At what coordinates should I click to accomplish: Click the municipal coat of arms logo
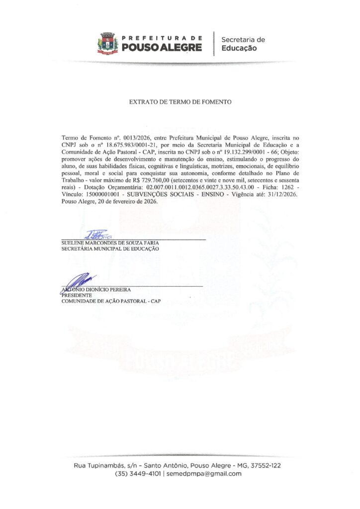pos(108,43)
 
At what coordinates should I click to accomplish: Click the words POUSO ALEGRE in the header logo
pos(162,48)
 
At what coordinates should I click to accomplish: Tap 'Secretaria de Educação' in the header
pos(243,44)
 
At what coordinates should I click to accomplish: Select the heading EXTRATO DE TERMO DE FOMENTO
pos(180,101)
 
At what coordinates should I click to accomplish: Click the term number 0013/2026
pos(121,136)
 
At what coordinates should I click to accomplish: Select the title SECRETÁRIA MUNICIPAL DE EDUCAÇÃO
pos(110,249)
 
